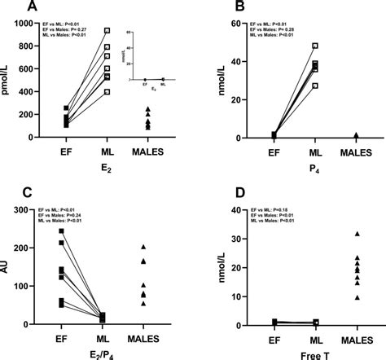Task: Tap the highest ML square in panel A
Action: point(107,31)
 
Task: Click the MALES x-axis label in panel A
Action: point(148,151)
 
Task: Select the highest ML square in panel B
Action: point(315,46)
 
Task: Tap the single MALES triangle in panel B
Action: point(355,135)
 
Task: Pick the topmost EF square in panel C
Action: point(62,231)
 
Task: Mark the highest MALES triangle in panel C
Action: point(143,247)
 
